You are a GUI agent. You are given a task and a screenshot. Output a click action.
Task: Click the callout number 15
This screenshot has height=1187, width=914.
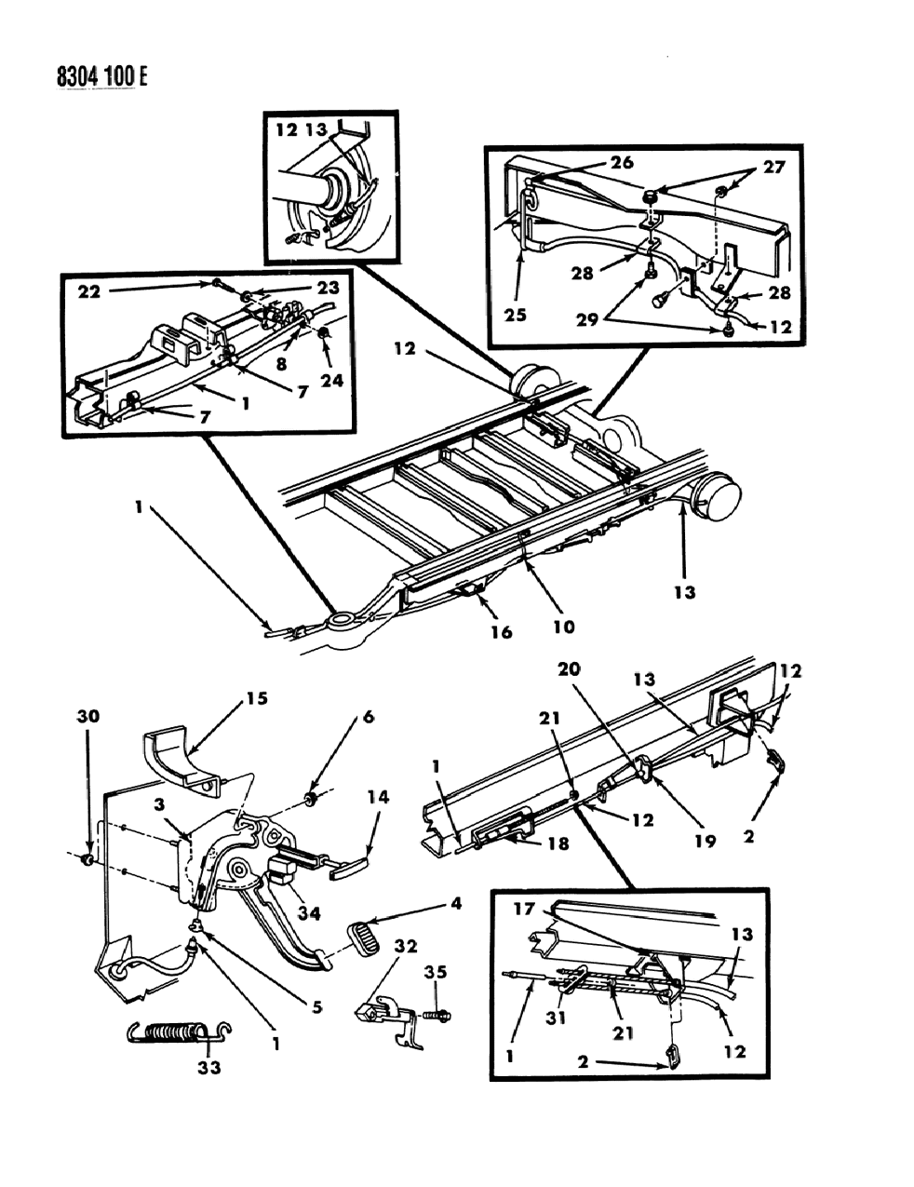(x=256, y=698)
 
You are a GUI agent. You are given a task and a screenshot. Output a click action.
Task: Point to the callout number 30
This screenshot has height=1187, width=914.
(x=87, y=718)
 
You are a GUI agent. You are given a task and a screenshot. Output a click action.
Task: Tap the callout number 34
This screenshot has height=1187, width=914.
(x=308, y=914)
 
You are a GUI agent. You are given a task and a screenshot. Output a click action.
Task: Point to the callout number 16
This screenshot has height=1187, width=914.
(x=502, y=632)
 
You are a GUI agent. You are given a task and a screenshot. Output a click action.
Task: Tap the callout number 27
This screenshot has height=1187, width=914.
(x=774, y=167)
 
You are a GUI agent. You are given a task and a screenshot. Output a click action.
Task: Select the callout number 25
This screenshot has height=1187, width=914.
(x=515, y=314)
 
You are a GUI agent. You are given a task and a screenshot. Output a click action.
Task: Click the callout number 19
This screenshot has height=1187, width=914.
(x=705, y=841)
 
